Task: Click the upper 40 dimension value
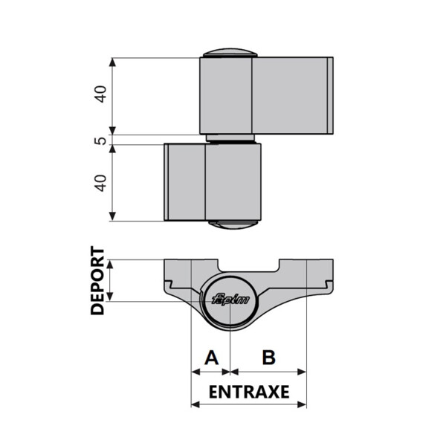pos(100,94)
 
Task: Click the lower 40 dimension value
pos(100,183)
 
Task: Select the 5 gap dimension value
pos(100,140)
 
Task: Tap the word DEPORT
pos(97,280)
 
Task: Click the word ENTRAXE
pos(249,392)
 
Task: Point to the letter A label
pos(212,358)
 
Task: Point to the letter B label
pos(269,358)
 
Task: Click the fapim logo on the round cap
pos(231,300)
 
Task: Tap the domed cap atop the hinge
pos(230,53)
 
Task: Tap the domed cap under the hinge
pos(233,224)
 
